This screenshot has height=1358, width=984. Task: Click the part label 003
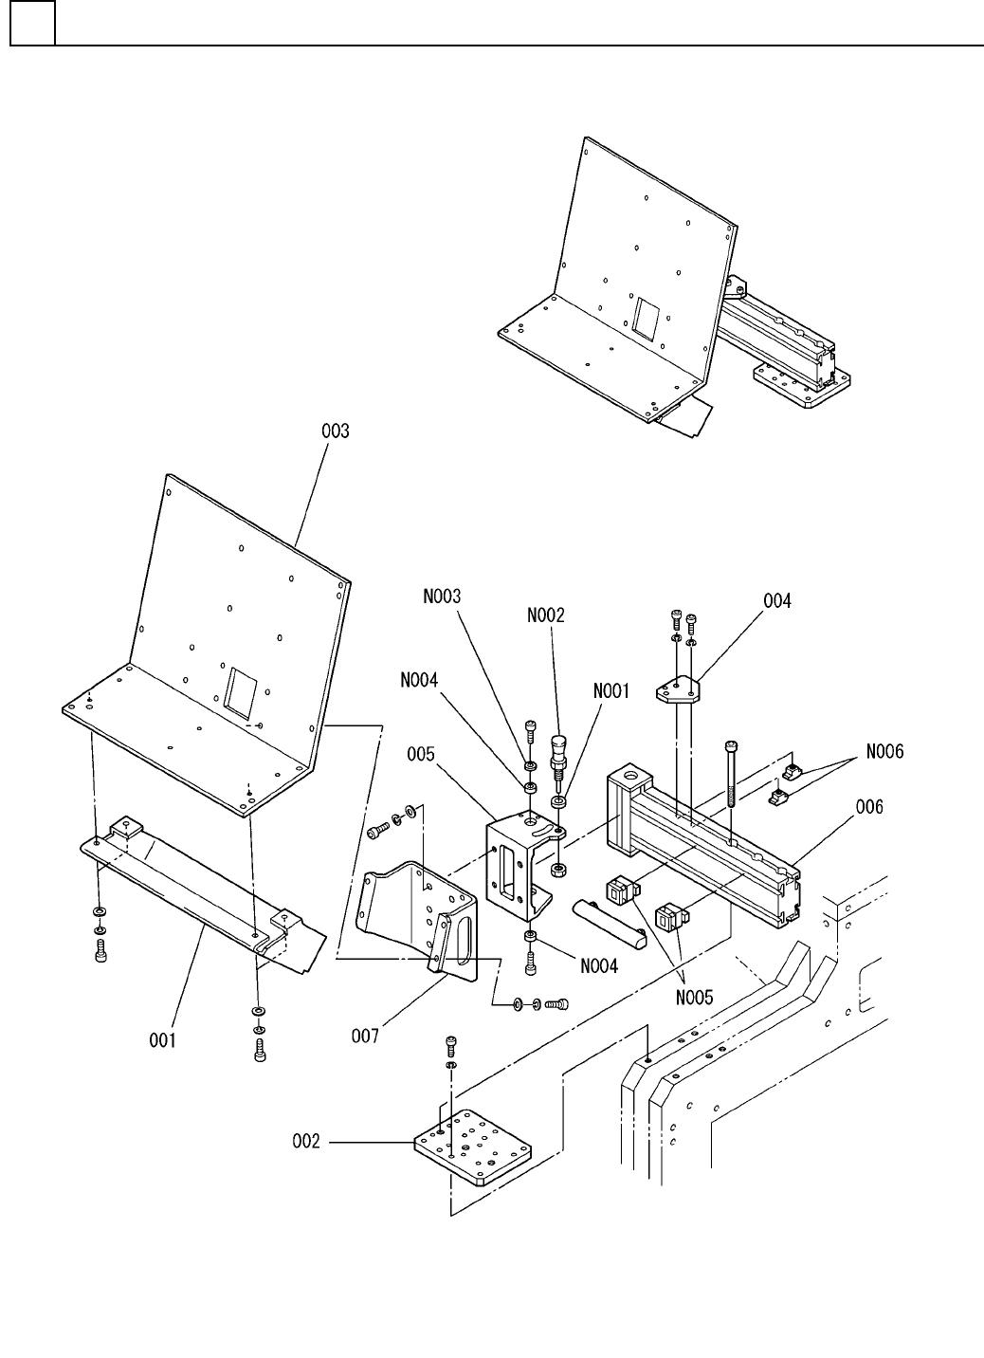(x=335, y=431)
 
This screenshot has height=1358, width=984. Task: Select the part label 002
(x=306, y=1142)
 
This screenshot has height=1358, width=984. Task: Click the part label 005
(x=421, y=754)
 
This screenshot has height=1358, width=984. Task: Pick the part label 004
(x=777, y=601)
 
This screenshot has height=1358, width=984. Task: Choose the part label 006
(x=869, y=806)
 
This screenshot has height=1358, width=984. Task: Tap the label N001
(x=611, y=691)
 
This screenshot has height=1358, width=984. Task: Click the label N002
(x=546, y=615)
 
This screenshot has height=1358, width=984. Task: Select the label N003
(x=442, y=596)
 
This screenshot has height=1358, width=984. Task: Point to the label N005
(x=694, y=998)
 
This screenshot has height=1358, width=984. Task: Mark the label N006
(x=884, y=752)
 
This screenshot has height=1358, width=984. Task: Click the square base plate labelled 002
(x=473, y=1147)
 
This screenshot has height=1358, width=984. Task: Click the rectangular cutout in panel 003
(x=241, y=690)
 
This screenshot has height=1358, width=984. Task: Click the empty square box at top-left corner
(x=33, y=23)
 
